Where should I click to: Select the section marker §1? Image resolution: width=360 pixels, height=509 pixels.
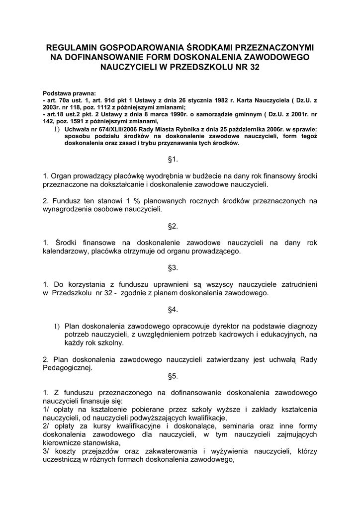(173, 159)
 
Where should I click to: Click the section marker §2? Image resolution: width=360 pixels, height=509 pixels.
(173, 226)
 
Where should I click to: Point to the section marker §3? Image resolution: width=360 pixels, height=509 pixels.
(173, 268)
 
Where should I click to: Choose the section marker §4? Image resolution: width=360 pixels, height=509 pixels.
(173, 310)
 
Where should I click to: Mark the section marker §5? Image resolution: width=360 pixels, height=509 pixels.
(173, 376)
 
